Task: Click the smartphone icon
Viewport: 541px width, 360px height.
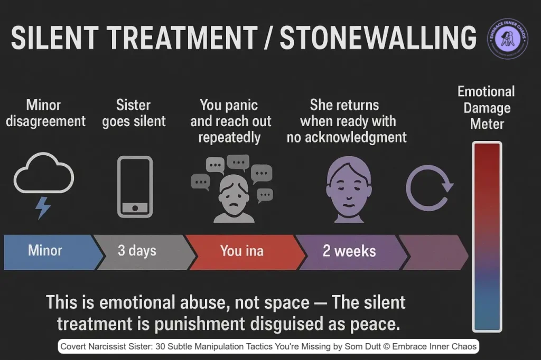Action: point(134,186)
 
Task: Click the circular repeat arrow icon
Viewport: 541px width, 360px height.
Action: point(428,187)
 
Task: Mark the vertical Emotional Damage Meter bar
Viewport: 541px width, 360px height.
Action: point(487,235)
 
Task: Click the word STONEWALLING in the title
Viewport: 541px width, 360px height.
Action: point(378,38)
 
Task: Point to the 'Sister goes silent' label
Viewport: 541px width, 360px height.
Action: point(134,112)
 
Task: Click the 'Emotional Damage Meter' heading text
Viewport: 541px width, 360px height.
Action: point(486,108)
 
